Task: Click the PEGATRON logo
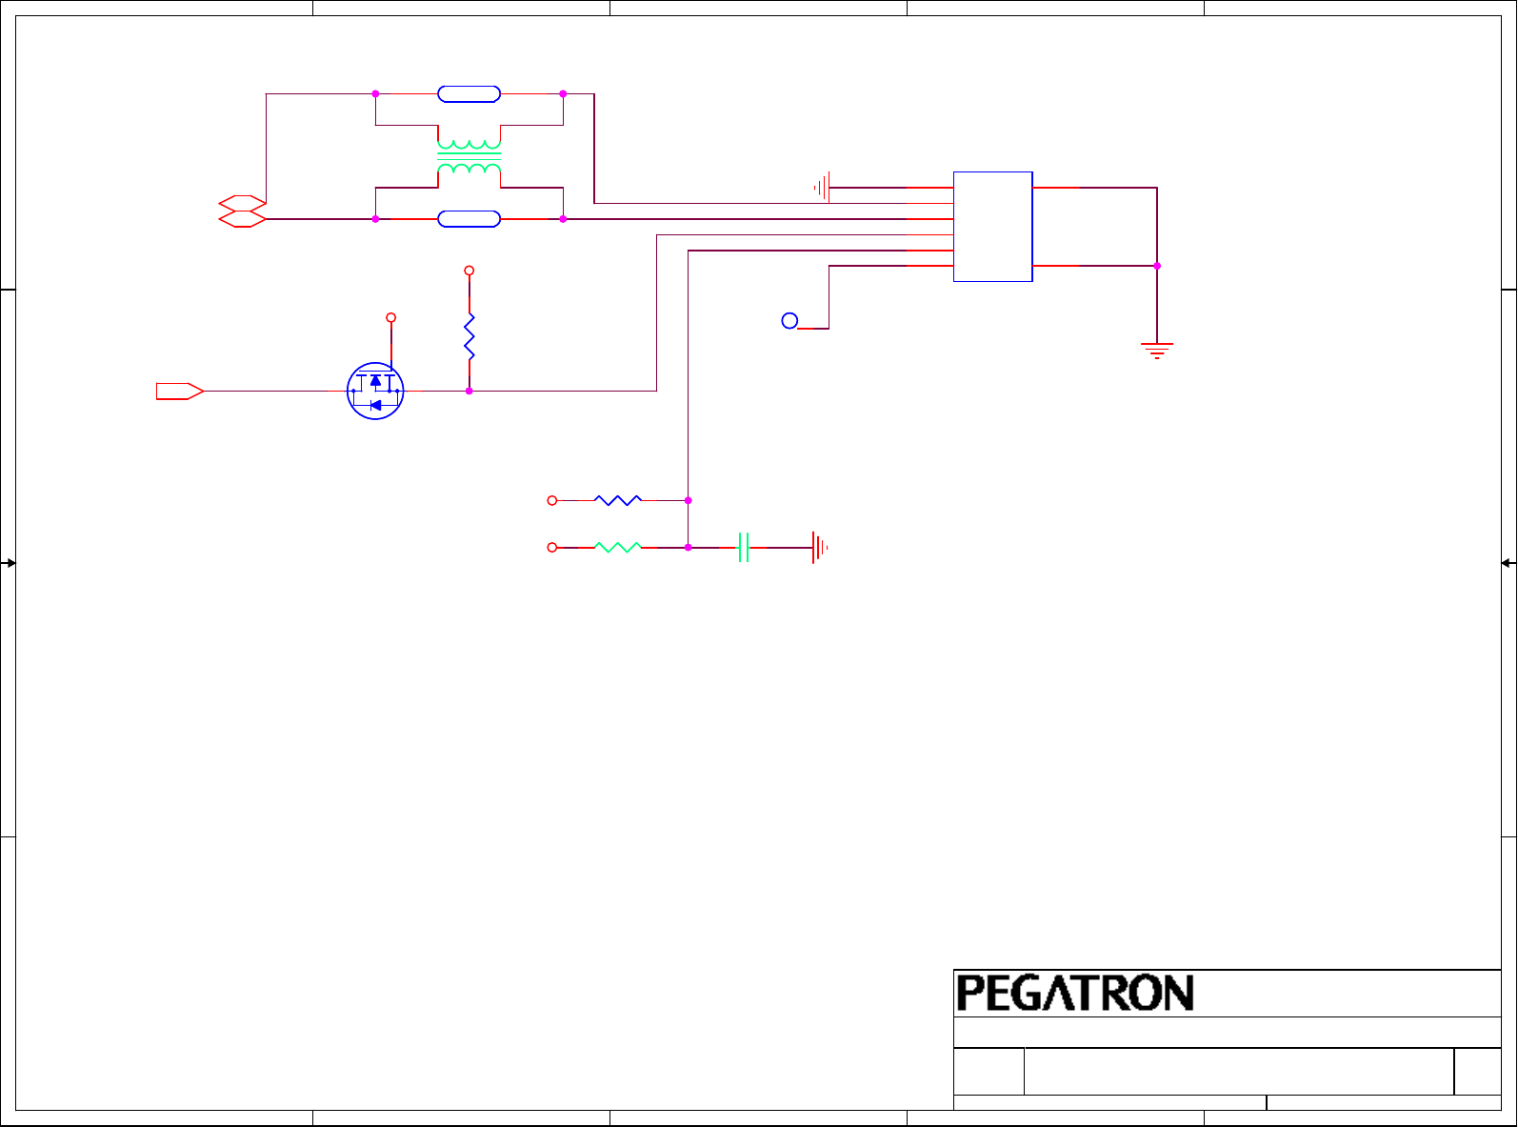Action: pyautogui.click(x=1075, y=993)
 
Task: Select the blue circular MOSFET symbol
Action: pyautogui.click(x=375, y=391)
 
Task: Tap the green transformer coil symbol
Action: pyautogui.click(x=469, y=157)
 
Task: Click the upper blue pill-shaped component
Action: pyautogui.click(x=469, y=93)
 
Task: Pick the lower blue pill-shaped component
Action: pyautogui.click(x=469, y=219)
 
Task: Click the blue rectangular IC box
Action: pyautogui.click(x=992, y=227)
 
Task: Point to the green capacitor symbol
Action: pyautogui.click(x=744, y=548)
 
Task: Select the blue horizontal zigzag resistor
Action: pyautogui.click(x=618, y=500)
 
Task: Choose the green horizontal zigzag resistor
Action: pyautogui.click(x=618, y=548)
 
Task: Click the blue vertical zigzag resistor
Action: pyautogui.click(x=469, y=337)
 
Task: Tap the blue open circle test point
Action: pyautogui.click(x=789, y=321)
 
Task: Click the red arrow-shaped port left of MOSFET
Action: pyautogui.click(x=180, y=391)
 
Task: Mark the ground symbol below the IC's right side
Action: pyautogui.click(x=1157, y=350)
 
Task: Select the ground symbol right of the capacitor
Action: pyautogui.click(x=819, y=548)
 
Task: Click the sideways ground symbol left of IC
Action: pyautogui.click(x=823, y=188)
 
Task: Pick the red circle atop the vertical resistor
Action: pyautogui.click(x=469, y=271)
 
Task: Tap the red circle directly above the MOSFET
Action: pyautogui.click(x=390, y=317)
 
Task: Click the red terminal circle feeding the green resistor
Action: pyautogui.click(x=551, y=548)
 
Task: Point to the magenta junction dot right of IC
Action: pyautogui.click(x=1157, y=266)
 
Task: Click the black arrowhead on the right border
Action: pyautogui.click(x=1507, y=563)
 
